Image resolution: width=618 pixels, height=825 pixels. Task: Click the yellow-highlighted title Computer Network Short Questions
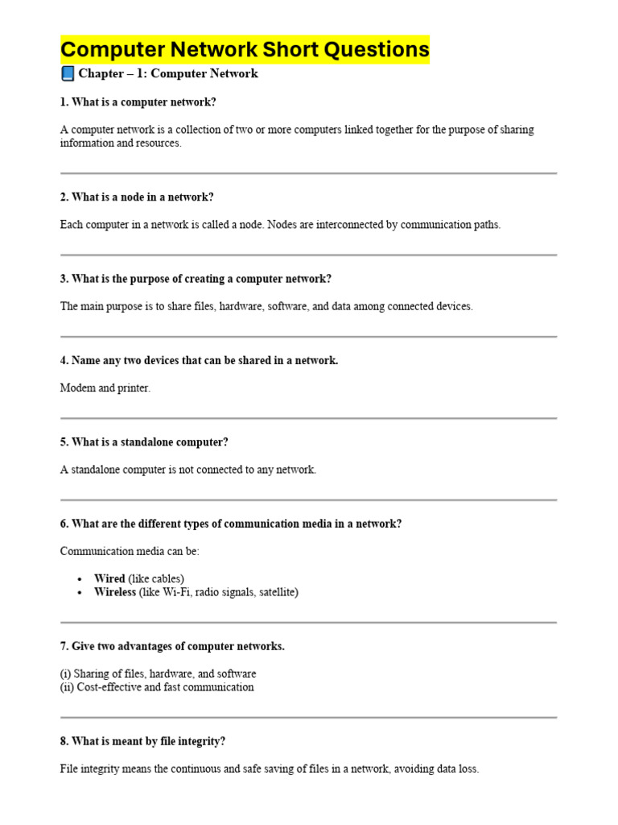click(245, 50)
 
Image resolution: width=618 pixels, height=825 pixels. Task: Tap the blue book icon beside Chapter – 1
click(68, 74)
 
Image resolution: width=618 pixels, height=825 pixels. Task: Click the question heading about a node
click(137, 197)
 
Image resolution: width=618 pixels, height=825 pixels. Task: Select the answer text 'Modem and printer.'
click(105, 388)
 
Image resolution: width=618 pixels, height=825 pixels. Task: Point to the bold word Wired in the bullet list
click(109, 578)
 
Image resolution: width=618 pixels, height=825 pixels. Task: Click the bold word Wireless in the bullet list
click(115, 592)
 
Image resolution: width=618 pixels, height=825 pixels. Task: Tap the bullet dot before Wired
click(80, 579)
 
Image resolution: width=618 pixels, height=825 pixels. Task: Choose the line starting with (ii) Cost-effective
click(157, 687)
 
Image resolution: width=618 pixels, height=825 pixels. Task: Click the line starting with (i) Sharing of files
click(159, 674)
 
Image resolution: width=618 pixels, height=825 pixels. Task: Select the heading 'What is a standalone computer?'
click(144, 442)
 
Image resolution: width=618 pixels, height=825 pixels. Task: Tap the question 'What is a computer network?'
click(138, 102)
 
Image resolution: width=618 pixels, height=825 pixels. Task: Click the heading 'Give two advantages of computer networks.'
click(172, 646)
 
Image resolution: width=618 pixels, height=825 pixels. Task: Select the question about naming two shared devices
click(199, 360)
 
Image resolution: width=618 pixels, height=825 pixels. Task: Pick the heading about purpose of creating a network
click(196, 279)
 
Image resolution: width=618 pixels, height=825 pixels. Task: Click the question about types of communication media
click(231, 524)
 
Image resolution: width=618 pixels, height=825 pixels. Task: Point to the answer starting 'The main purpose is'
click(266, 306)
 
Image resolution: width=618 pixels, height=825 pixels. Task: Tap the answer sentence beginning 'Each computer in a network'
click(280, 225)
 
